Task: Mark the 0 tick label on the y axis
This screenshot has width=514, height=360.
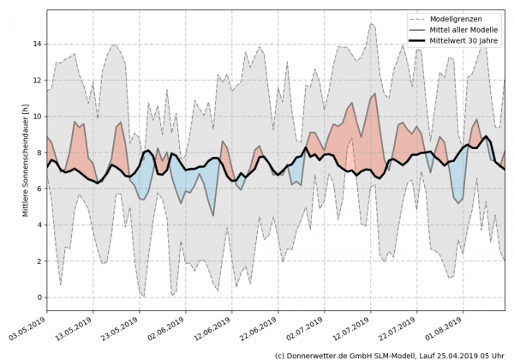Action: tap(39, 297)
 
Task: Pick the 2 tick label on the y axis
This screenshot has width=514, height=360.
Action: tap(39, 261)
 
